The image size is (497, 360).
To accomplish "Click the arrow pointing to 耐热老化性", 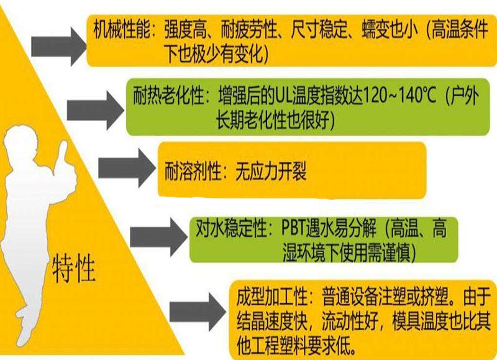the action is (x=93, y=109).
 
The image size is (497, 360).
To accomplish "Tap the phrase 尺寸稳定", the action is (x=321, y=30).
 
